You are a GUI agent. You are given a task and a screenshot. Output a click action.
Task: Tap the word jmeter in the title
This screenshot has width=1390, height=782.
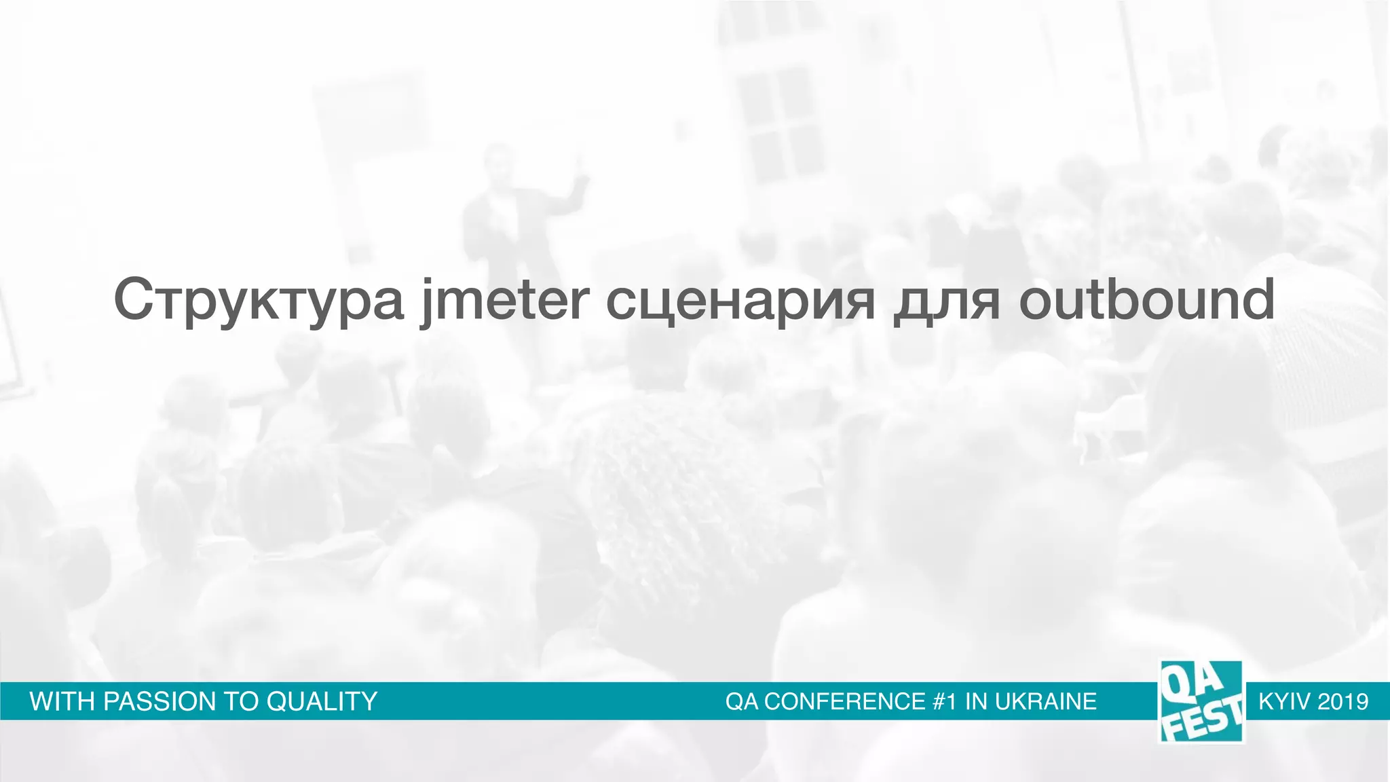click(505, 300)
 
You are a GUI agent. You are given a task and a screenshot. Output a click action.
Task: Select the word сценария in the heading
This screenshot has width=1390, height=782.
click(740, 300)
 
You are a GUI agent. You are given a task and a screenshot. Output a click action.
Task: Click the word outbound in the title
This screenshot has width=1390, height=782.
click(1146, 300)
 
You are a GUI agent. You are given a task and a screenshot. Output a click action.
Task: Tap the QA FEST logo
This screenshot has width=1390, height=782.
click(1201, 701)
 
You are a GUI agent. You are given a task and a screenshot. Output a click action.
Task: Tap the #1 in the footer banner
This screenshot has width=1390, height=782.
click(945, 701)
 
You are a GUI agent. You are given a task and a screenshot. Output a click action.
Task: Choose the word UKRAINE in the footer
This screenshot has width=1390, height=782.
click(1046, 701)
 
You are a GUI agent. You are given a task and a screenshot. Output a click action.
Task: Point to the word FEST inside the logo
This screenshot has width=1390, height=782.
click(1205, 722)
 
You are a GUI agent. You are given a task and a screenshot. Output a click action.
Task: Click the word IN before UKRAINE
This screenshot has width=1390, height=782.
click(977, 701)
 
